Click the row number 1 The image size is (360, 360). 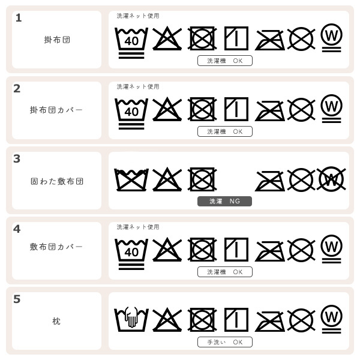(x=19, y=18)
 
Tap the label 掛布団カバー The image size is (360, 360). (x=56, y=110)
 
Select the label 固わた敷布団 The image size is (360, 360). (x=56, y=181)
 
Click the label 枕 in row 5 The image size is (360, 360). (x=56, y=321)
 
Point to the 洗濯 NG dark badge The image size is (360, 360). (x=224, y=201)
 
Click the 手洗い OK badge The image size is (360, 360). (x=224, y=342)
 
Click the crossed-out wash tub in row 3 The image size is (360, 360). (x=131, y=179)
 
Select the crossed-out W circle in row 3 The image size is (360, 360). (x=331, y=178)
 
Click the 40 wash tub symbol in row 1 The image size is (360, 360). (x=131, y=41)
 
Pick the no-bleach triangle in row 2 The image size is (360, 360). (x=167, y=109)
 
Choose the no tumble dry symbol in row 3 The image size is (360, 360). (x=202, y=179)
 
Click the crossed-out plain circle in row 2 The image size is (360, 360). (x=301, y=109)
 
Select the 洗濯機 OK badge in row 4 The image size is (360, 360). (x=224, y=272)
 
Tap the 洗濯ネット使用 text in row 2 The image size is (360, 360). (x=138, y=87)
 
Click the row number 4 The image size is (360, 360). (x=17, y=229)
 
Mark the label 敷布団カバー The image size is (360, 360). (x=56, y=247)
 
